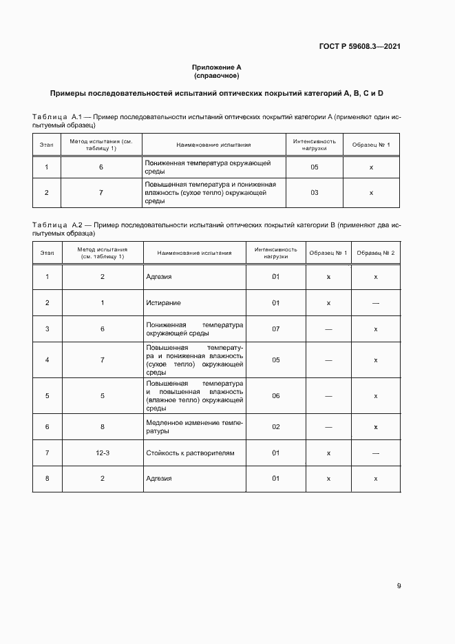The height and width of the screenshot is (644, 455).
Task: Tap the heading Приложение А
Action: tap(217, 67)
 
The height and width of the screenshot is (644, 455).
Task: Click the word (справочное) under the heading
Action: tap(217, 75)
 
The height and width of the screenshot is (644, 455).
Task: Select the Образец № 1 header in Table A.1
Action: tap(371, 145)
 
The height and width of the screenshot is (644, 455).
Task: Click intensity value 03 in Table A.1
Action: tap(314, 193)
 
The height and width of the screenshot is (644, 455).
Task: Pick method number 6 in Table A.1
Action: tap(101, 167)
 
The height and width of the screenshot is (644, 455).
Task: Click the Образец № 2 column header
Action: tap(376, 253)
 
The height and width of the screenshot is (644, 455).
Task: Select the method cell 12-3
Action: tap(102, 453)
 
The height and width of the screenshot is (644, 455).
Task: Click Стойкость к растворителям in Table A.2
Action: tap(190, 453)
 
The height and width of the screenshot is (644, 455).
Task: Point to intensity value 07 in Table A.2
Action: tap(275, 329)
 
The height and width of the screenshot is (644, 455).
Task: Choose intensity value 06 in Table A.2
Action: tap(275, 396)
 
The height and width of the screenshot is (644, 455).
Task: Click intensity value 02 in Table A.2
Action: tap(275, 427)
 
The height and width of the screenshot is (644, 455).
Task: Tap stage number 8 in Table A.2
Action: tap(47, 479)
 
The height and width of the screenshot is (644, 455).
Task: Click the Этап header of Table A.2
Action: tap(47, 253)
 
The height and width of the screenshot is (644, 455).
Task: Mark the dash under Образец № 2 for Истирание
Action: tap(376, 303)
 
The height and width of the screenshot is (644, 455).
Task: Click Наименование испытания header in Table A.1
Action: tap(213, 145)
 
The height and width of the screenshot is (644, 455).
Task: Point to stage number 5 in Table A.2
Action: tap(47, 396)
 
